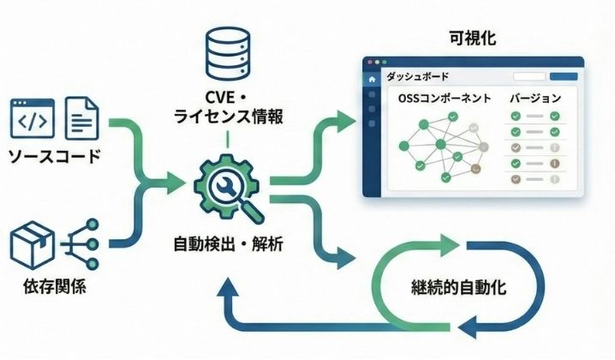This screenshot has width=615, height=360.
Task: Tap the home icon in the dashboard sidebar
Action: click(x=372, y=80)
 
